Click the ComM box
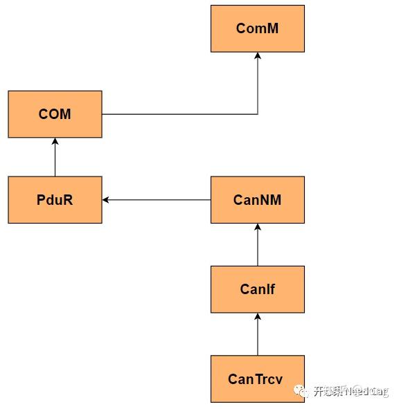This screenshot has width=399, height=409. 258,28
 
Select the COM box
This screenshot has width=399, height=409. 55,114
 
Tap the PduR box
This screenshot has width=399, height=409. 55,200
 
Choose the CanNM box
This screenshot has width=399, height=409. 258,200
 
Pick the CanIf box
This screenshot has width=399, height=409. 258,289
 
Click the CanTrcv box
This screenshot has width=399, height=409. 258,379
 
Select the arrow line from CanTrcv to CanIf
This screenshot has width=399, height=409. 258,336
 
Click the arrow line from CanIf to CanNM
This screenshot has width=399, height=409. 258,246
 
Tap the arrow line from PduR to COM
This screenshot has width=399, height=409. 55,158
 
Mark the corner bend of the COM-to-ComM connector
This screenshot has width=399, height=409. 258,114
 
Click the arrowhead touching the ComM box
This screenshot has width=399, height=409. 258,56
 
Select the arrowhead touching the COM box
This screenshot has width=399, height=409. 55,142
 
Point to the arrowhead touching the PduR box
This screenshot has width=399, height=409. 106,200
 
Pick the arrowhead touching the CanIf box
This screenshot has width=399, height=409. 258,317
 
